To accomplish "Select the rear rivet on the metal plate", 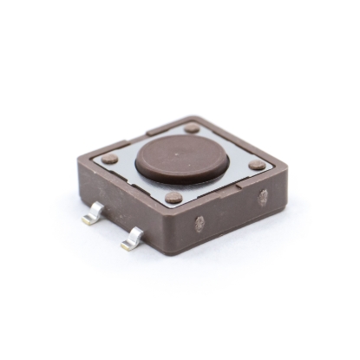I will [x=192, y=128].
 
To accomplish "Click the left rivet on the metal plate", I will [x=109, y=159].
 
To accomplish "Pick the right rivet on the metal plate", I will [x=258, y=164].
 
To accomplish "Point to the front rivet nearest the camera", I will [x=174, y=198].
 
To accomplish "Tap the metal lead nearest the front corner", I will [x=133, y=239].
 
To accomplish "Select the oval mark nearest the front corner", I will [x=200, y=224].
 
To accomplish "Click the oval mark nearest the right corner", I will [x=263, y=197].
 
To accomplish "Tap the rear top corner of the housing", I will [x=201, y=116].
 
